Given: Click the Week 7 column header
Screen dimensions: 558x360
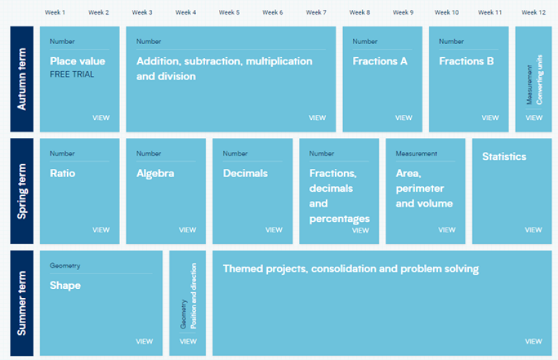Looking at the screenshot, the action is [316, 13].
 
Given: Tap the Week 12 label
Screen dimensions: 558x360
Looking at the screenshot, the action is [534, 13].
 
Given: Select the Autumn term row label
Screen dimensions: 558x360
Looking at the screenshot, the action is [22, 79].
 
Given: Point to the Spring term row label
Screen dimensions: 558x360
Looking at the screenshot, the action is [22, 191].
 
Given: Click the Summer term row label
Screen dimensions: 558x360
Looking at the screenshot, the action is [22, 303].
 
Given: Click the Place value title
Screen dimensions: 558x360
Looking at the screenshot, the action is [77, 61].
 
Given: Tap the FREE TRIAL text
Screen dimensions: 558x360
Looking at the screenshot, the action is [72, 75].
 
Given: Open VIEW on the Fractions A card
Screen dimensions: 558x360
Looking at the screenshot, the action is [404, 118].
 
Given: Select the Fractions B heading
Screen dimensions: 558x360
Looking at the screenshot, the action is [466, 61].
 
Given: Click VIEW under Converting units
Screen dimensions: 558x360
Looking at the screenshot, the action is [534, 118].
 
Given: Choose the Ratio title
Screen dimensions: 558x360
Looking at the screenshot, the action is [63, 174].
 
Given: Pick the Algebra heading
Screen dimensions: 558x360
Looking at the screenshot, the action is [155, 174].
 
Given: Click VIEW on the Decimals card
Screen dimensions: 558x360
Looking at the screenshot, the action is [274, 230].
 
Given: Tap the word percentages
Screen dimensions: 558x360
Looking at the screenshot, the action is [340, 218].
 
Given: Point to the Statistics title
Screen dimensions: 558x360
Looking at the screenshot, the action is [504, 157].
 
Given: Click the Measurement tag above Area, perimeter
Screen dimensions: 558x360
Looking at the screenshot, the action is [416, 153].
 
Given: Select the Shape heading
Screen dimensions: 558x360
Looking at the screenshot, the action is [65, 285].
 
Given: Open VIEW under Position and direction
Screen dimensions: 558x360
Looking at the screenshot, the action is [188, 341].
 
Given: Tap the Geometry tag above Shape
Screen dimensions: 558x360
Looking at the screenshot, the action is [65, 266].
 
